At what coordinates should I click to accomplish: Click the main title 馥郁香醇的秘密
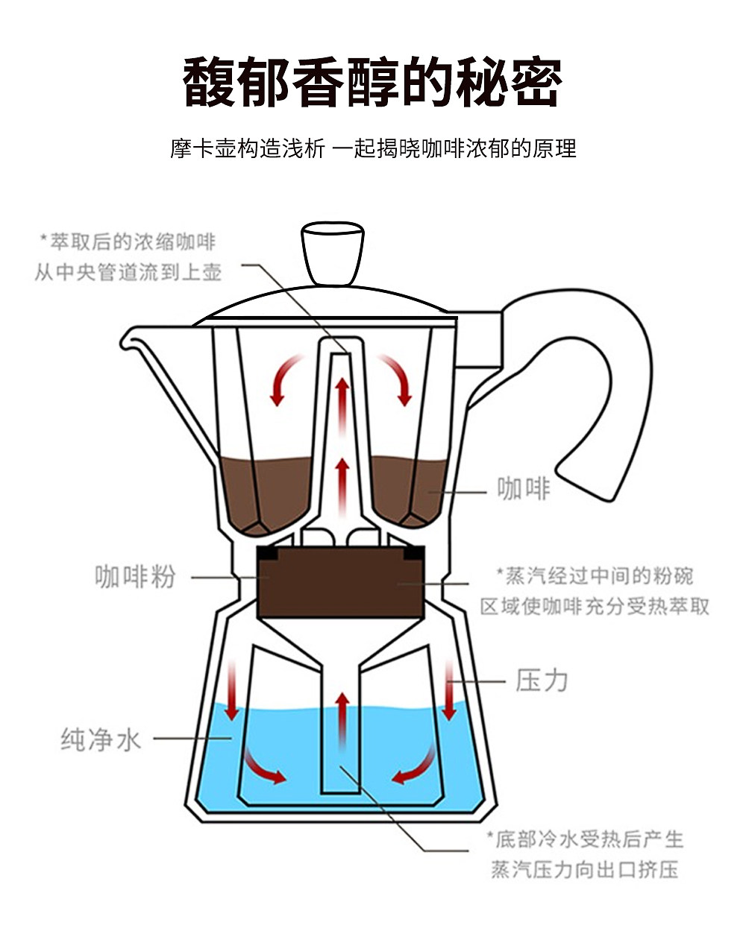(x=372, y=81)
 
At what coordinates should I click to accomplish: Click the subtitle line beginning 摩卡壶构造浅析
(x=372, y=148)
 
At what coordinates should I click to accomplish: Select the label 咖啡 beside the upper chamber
(x=523, y=490)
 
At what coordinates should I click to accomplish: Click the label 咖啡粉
(x=135, y=577)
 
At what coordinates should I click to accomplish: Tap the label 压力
(x=542, y=681)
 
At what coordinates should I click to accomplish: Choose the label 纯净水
(x=101, y=740)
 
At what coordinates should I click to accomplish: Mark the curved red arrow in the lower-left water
(x=264, y=768)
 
